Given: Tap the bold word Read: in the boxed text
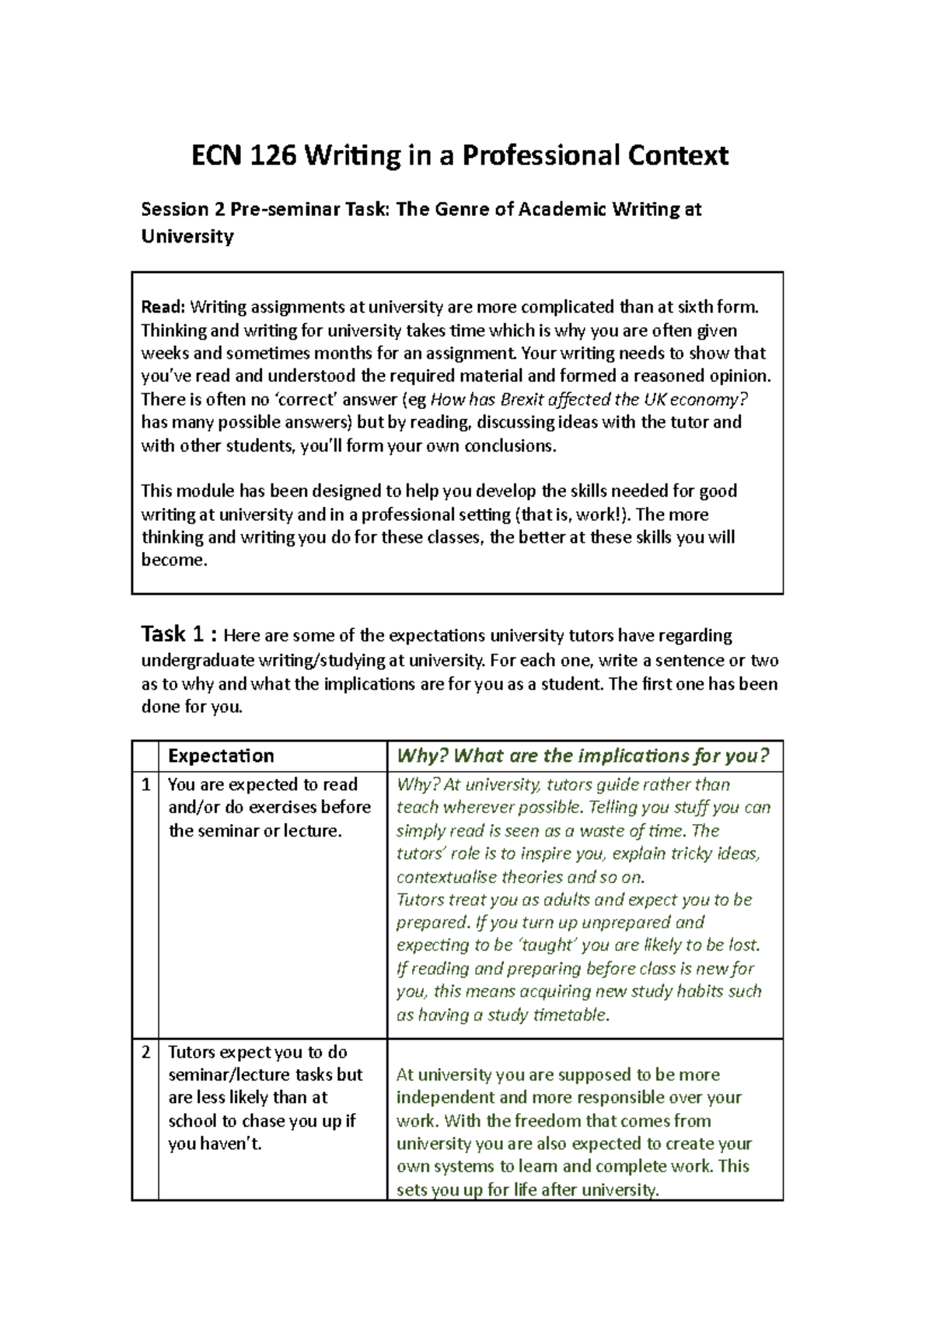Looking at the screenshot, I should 162,307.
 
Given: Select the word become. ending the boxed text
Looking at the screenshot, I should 174,560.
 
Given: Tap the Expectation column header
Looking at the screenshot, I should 221,756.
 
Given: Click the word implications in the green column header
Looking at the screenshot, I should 616,756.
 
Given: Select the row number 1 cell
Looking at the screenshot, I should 145,784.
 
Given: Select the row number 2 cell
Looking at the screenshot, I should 145,1052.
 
